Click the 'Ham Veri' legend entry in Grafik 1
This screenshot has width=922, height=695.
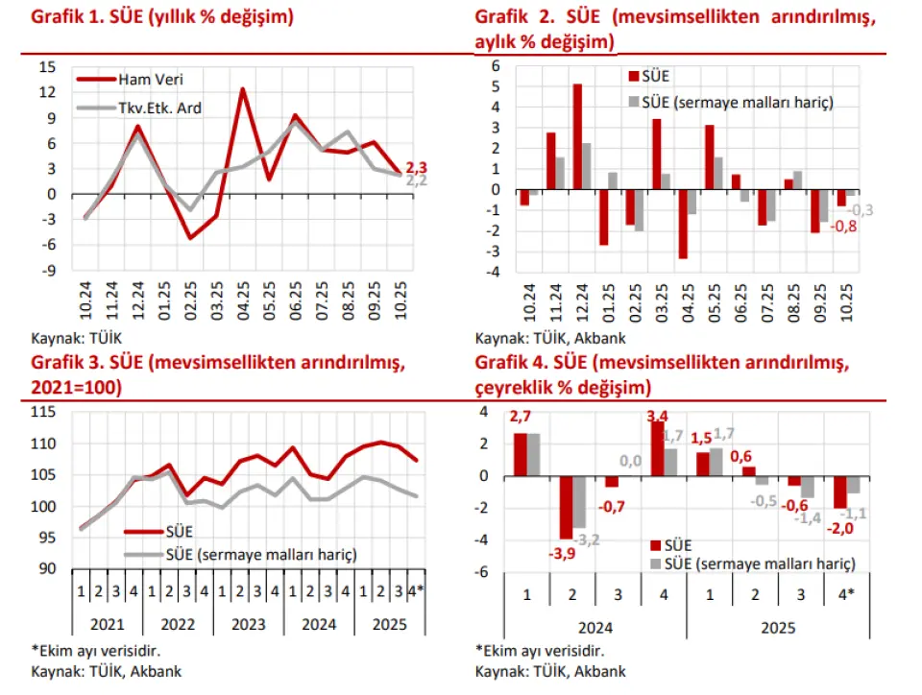[x=143, y=80]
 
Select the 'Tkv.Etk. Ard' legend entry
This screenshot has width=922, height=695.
[x=159, y=108]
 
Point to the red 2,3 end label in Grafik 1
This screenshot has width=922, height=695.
[x=416, y=167]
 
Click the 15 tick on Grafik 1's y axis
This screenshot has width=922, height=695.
[x=47, y=67]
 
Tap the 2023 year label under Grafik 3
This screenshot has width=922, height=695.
[x=248, y=624]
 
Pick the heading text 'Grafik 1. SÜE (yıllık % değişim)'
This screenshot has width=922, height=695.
[x=163, y=16]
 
